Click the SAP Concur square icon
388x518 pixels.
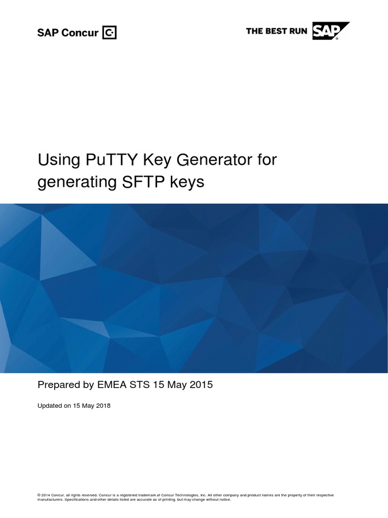click(110, 33)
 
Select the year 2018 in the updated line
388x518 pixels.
click(102, 406)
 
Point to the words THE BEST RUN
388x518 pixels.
click(276, 31)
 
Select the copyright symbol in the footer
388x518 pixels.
click(39, 495)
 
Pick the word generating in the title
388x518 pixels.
click(75, 182)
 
